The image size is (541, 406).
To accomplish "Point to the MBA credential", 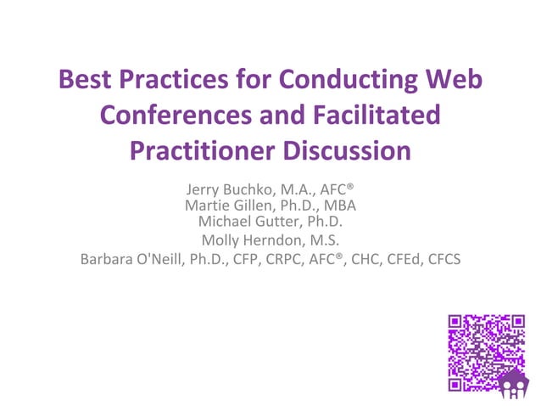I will pos(339,206).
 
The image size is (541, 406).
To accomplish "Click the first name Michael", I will pos(224,222).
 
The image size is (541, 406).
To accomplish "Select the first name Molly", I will pos(220,240).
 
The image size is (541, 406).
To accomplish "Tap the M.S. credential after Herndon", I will pos(322,240).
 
